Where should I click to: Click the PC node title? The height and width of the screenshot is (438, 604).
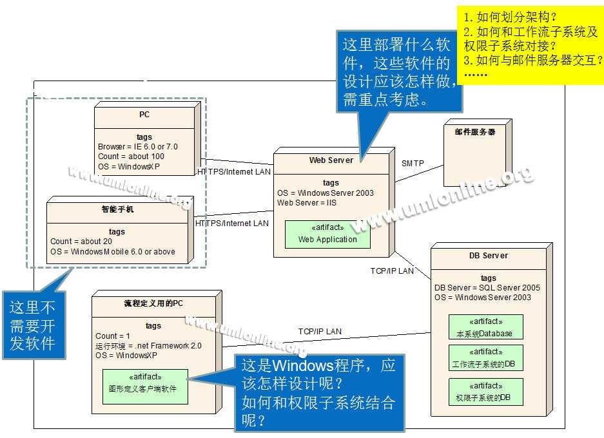coord(144,115)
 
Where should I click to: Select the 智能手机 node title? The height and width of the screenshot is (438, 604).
coord(117,209)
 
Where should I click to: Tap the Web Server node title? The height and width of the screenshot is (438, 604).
coord(331,160)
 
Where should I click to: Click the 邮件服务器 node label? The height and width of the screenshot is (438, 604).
coord(475,131)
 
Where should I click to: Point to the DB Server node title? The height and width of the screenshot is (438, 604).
coord(488,256)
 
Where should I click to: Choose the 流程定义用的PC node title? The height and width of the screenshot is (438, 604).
coord(153,303)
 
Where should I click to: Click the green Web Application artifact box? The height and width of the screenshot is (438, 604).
coord(327,234)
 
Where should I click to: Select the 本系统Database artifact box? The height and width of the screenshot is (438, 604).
coord(485,327)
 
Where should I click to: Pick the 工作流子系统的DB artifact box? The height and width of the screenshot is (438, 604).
coord(485,358)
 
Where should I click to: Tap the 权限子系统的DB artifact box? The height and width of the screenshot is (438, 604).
coord(485,392)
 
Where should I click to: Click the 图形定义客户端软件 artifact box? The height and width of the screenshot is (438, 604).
coord(145,386)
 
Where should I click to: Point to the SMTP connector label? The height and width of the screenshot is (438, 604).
coord(413,164)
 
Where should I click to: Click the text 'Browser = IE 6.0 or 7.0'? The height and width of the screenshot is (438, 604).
coord(138,147)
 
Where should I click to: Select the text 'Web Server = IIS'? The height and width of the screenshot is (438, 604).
coord(307,203)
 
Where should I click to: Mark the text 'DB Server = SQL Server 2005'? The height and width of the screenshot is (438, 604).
coord(487,288)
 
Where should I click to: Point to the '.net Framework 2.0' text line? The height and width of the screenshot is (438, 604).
coord(148,346)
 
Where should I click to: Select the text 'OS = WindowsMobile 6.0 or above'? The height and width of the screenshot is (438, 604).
coord(112,252)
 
